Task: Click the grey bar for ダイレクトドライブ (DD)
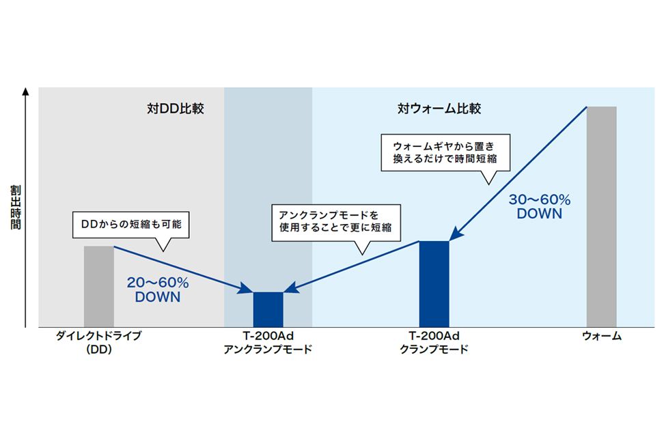point(98,286)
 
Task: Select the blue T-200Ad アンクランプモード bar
point(268,309)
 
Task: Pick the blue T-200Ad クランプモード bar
point(434,284)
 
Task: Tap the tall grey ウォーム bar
point(601,217)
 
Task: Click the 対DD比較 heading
point(176,109)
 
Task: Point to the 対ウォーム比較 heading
point(439,109)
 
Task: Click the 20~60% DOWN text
point(158,290)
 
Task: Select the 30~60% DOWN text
point(540,206)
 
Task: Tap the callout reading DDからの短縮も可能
point(131,225)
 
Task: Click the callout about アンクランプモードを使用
point(336,223)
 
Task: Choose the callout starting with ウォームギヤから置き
point(445,153)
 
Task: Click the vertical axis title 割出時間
point(16,207)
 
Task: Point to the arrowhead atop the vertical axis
point(25,91)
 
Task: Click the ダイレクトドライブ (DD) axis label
point(98,342)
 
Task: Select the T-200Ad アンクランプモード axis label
point(268,342)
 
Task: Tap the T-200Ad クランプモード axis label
point(434,342)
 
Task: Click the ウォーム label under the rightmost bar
point(602,336)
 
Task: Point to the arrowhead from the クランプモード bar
point(291,288)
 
